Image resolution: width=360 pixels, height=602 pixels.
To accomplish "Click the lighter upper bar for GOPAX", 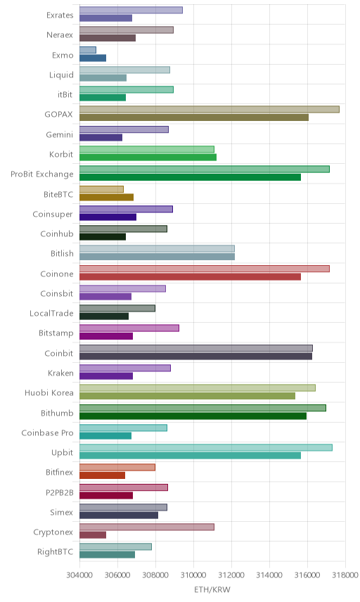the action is tap(209, 110).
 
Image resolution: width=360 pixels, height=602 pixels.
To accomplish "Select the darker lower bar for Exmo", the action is tap(93, 58).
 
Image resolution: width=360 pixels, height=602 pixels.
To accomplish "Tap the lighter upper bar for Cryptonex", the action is tap(147, 527).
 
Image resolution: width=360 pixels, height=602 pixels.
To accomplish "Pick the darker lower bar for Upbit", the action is tap(190, 455).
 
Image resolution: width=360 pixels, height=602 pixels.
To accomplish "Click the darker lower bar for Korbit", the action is tap(148, 157).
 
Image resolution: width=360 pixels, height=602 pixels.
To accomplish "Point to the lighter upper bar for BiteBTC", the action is tap(101, 189).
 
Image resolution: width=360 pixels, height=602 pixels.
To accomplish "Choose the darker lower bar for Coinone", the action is tap(190, 276).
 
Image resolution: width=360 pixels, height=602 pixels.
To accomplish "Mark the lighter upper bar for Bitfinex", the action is tap(117, 467).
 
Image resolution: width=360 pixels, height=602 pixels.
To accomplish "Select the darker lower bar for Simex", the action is tap(119, 515).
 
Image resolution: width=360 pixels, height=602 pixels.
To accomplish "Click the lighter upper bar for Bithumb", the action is tap(202, 408).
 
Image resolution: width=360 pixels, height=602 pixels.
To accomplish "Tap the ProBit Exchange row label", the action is tap(41, 174).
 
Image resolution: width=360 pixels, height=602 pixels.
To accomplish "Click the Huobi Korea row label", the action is tap(49, 392).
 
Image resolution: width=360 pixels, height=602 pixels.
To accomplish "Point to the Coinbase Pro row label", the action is tap(47, 433).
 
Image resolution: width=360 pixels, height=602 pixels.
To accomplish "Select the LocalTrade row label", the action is tap(51, 313).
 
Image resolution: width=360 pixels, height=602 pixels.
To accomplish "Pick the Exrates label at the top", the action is tap(60, 15).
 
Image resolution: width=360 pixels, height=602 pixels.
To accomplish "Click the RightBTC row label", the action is tap(55, 551).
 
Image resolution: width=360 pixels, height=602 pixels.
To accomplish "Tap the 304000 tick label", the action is tap(80, 575).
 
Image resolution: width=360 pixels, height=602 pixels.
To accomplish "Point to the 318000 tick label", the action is tap(345, 575).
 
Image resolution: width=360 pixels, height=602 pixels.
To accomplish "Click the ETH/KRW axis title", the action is tap(212, 590).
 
